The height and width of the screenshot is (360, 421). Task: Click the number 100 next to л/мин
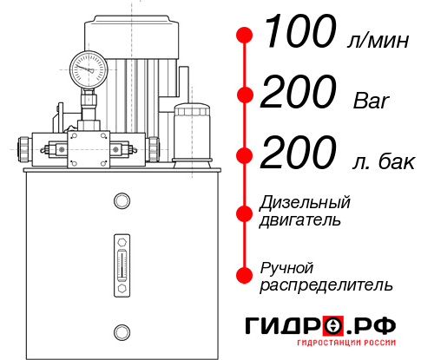point(299,34)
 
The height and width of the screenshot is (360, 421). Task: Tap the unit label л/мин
point(375,40)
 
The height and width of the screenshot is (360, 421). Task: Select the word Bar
point(372,101)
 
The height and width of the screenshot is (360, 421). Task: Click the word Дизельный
point(306,203)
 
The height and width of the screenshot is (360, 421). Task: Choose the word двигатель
point(300,220)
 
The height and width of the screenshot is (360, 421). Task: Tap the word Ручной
point(286,266)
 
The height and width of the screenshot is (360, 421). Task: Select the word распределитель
point(326,285)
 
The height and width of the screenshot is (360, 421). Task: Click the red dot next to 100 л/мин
point(245,36)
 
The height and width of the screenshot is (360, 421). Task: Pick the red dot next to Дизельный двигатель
point(245,213)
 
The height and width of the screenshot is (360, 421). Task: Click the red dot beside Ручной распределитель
point(245,275)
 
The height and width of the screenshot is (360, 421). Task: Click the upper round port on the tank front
point(121,202)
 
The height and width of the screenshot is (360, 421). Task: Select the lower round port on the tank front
point(121,331)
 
